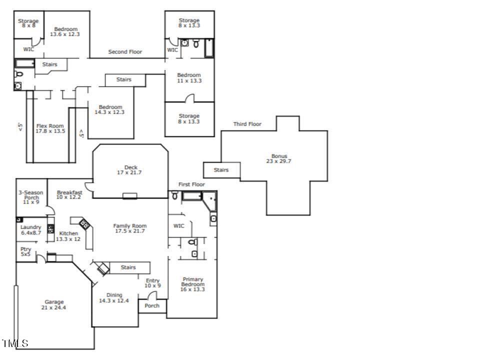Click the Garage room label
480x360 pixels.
coord(53,304)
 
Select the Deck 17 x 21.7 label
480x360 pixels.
coord(130,170)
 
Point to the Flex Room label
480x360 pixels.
coord(50,128)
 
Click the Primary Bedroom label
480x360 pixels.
coord(192,284)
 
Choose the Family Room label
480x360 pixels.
coord(129,228)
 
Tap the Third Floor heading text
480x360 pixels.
coord(247,124)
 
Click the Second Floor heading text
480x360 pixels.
coord(125,51)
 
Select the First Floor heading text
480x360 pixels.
coord(191,184)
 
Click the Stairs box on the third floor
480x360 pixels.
coord(221,170)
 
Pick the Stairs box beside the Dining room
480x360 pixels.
coord(128,267)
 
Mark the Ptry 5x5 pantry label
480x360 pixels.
coord(25,251)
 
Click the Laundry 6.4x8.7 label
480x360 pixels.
coord(31,230)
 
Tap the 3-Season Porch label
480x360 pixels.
coord(31,197)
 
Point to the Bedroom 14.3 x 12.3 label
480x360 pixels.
coord(110,109)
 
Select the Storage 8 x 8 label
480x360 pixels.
coord(28,23)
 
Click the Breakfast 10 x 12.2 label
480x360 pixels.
coord(69,194)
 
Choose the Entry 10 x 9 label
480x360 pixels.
coord(152,283)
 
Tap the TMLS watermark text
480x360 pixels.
coord(15,343)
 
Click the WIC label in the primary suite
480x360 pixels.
coord(178,226)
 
